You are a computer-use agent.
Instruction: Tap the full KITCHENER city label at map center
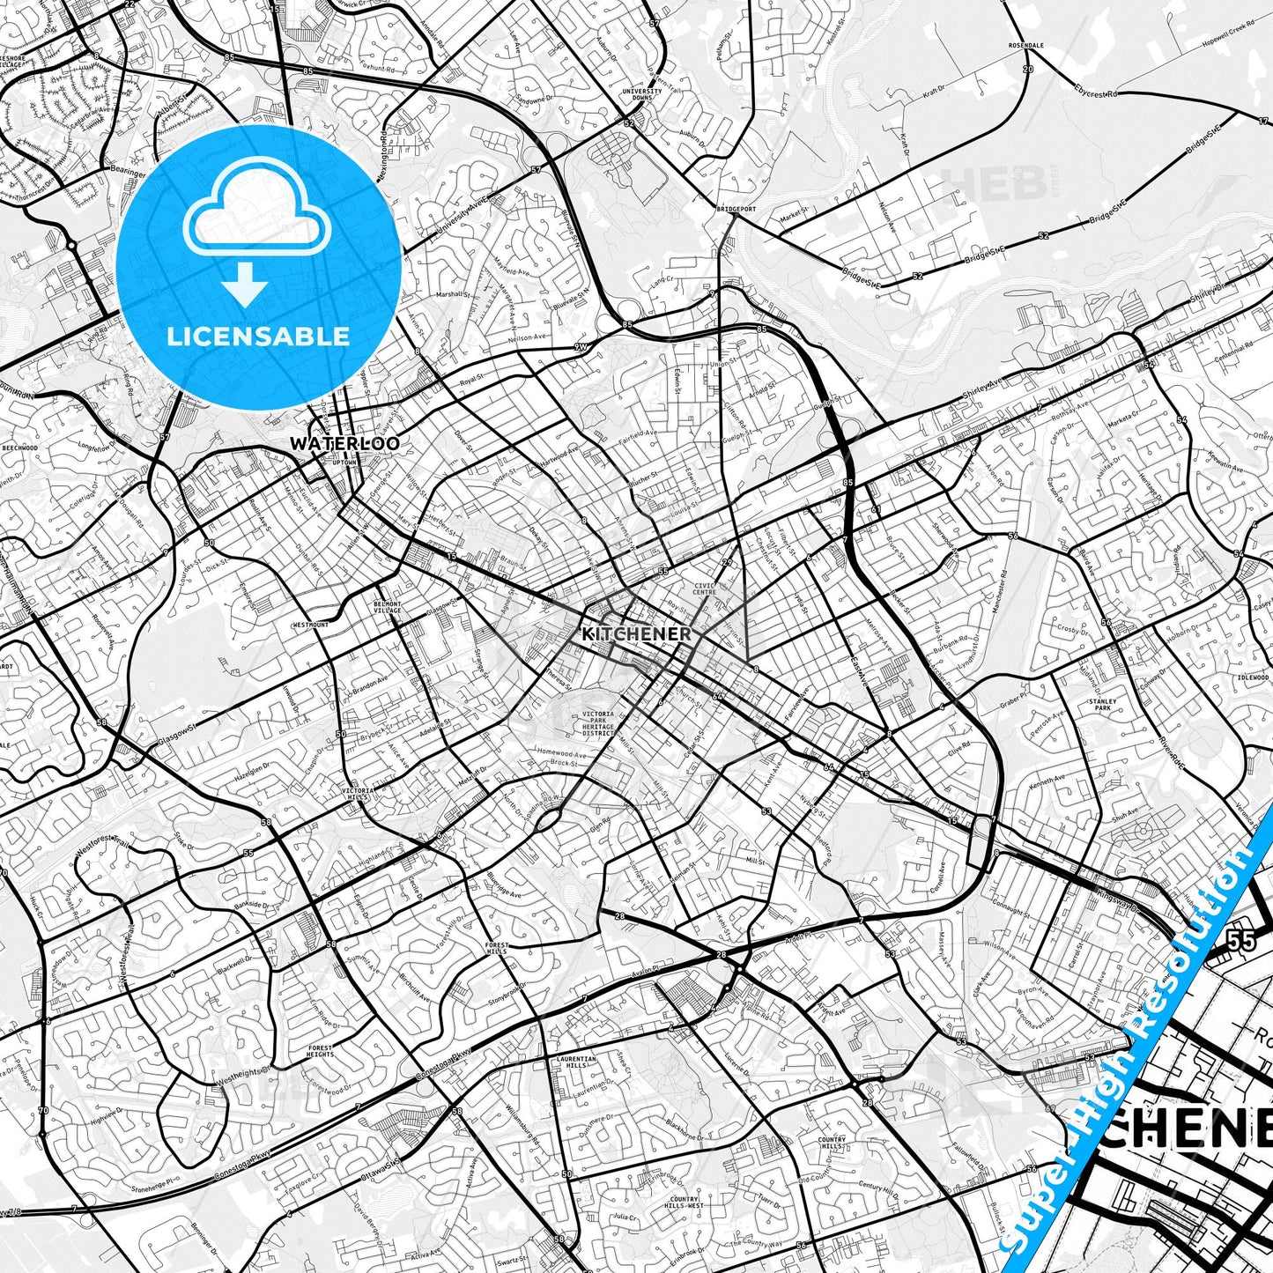(636, 633)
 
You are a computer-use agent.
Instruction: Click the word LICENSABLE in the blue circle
(258, 336)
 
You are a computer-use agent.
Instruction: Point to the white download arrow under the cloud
(244, 284)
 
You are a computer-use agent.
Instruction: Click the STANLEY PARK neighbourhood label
(1102, 704)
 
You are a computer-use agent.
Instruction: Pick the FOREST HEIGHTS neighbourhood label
(321, 1051)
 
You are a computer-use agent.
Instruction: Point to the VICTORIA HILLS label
(358, 794)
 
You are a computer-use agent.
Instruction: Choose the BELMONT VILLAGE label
(387, 607)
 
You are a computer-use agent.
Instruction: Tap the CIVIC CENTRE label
(704, 588)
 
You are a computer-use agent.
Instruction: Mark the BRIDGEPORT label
(736, 210)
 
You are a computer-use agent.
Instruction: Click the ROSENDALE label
(1026, 45)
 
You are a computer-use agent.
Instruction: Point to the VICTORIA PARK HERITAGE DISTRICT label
(597, 723)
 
